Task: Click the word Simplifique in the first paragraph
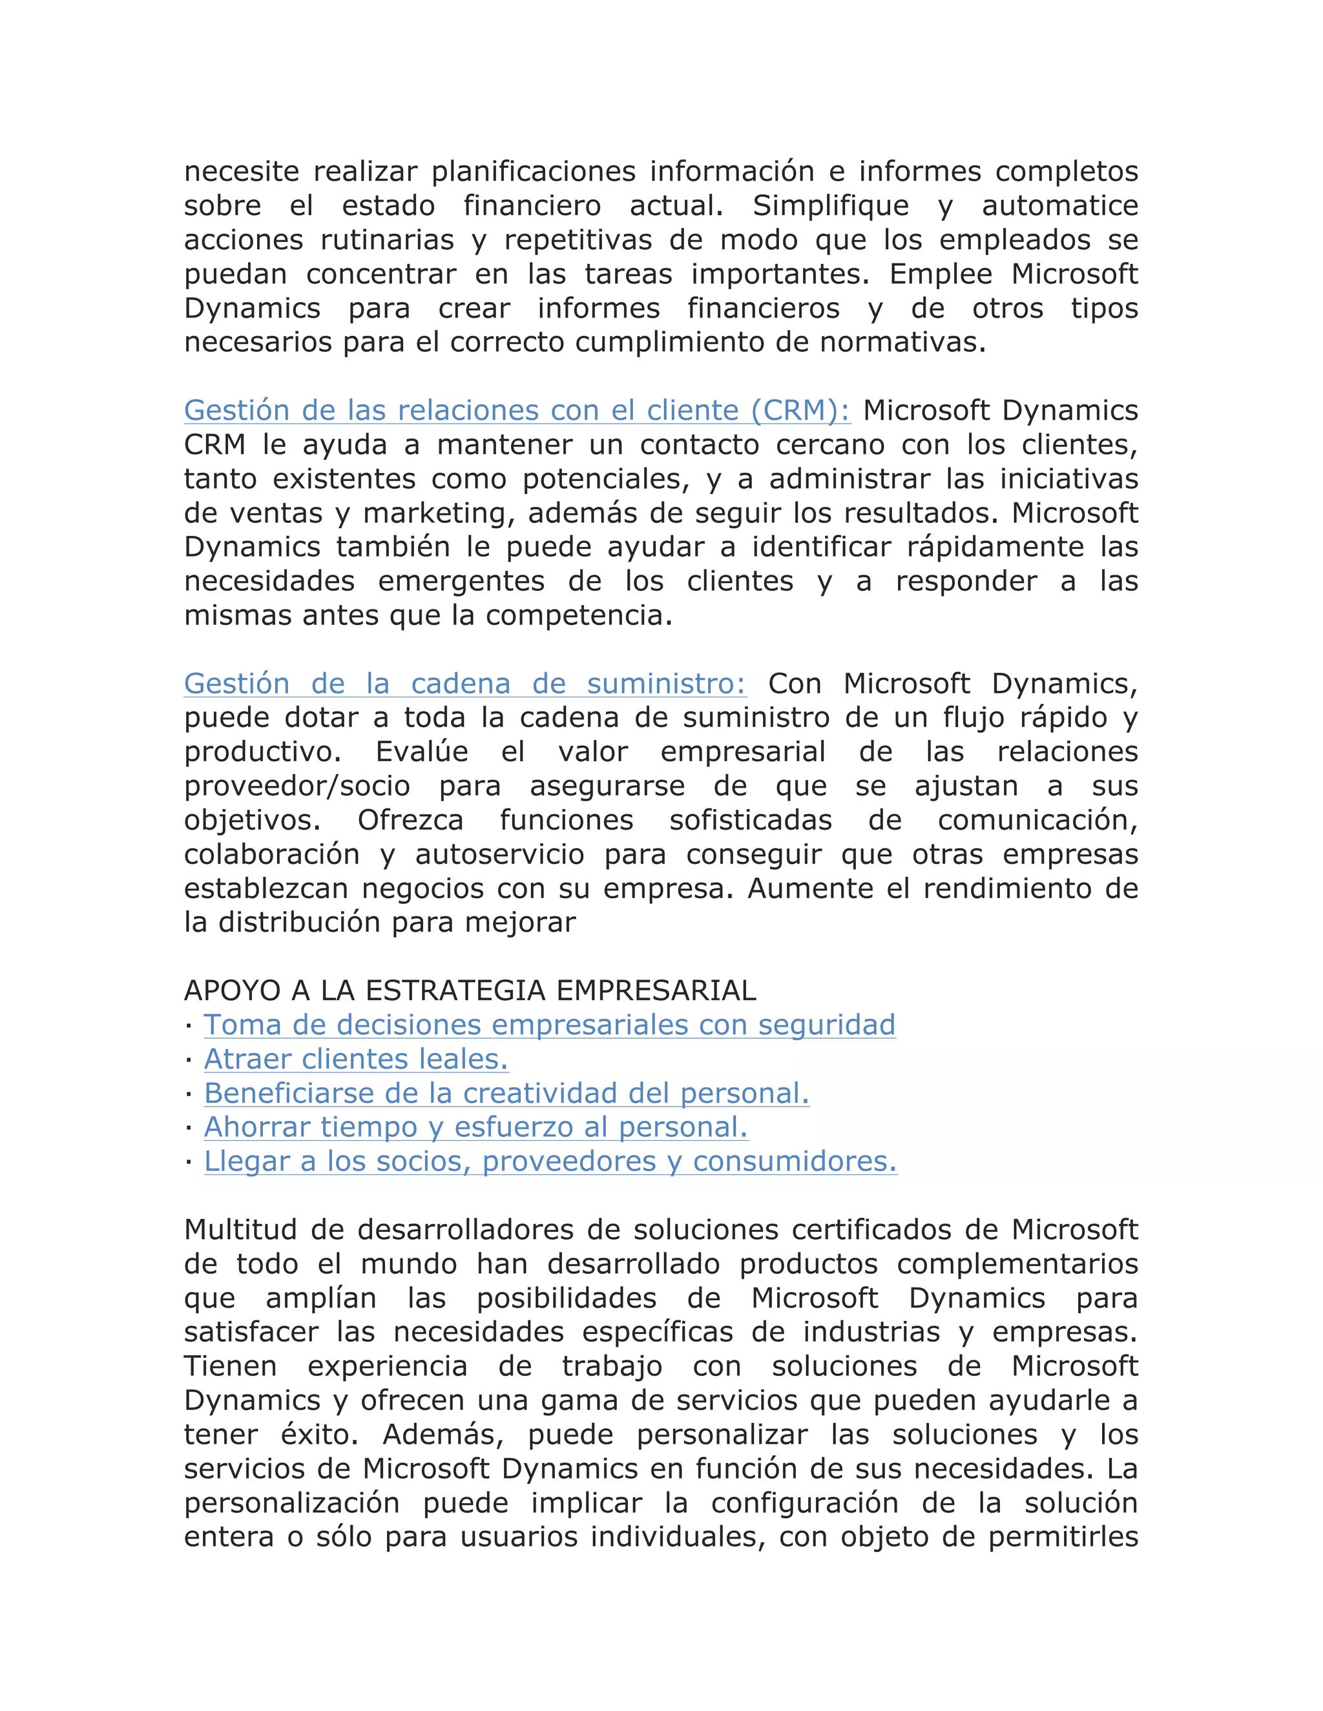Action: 830,206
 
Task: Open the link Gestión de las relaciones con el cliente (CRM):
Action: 517,411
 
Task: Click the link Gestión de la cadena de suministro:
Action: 464,684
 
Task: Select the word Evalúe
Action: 422,752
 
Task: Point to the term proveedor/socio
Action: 297,786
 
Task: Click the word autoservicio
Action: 499,855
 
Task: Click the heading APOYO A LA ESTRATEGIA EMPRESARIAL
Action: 470,991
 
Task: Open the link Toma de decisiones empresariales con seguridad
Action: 550,1025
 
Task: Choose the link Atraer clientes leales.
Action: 356,1059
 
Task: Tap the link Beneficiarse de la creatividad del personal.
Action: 506,1094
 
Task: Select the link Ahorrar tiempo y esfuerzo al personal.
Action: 475,1127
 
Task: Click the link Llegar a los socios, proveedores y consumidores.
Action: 550,1162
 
